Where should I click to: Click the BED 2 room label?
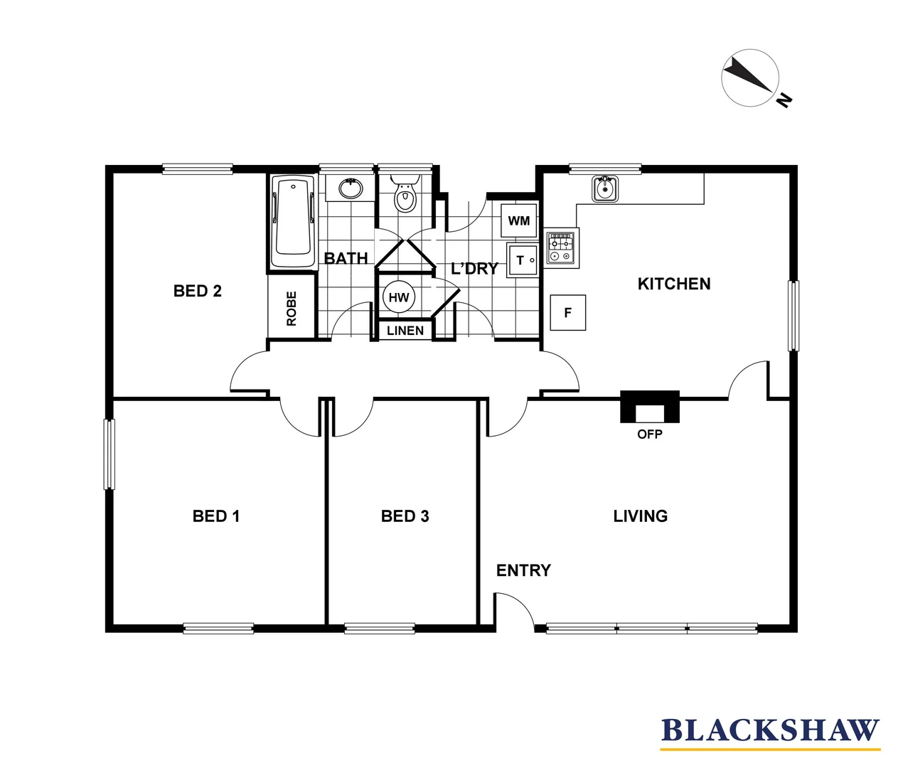pyautogui.click(x=197, y=291)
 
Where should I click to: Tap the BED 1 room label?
pyautogui.click(x=215, y=516)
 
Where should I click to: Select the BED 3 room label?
pyautogui.click(x=405, y=516)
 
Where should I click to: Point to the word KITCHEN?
pyautogui.click(x=673, y=284)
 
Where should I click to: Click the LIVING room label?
pyautogui.click(x=640, y=516)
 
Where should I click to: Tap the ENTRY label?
pyautogui.click(x=523, y=570)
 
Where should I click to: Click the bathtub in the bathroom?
pyautogui.click(x=293, y=221)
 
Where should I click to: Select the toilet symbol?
pyautogui.click(x=405, y=197)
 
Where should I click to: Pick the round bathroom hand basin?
pyautogui.click(x=350, y=188)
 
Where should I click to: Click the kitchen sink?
pyautogui.click(x=605, y=189)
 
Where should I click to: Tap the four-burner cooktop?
pyautogui.click(x=560, y=247)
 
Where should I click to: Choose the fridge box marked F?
pyautogui.click(x=567, y=313)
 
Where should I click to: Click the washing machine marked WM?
pyautogui.click(x=519, y=220)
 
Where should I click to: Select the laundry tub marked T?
pyautogui.click(x=523, y=260)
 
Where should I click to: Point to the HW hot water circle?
pyautogui.click(x=399, y=297)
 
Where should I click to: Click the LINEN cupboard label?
pyautogui.click(x=405, y=331)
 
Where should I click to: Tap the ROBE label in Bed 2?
pyautogui.click(x=292, y=308)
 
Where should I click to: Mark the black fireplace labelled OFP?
pyautogui.click(x=650, y=408)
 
